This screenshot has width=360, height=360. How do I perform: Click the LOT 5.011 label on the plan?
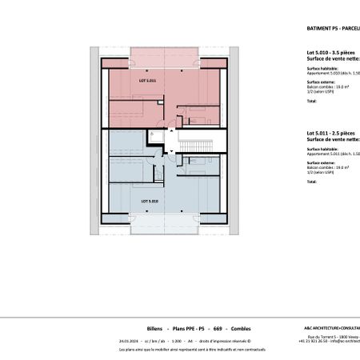(148, 81)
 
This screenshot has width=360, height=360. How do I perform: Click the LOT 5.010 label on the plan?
(150, 201)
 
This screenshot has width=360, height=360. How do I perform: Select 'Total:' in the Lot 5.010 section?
(312, 102)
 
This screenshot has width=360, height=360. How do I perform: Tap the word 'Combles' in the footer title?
(240, 329)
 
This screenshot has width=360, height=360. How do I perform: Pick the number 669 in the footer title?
(217, 329)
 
